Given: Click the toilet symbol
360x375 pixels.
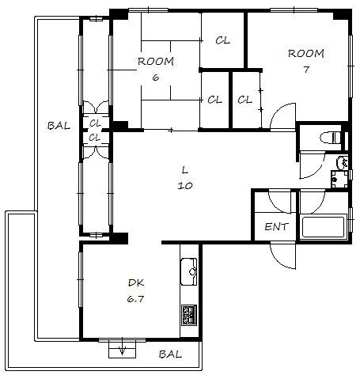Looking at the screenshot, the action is (x=330, y=138).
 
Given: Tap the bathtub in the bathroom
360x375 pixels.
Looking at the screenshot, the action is (x=324, y=227).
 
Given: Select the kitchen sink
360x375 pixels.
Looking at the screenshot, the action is (x=189, y=271).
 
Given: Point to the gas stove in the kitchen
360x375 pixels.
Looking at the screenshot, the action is (x=189, y=315).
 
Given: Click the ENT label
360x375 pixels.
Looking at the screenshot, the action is (x=276, y=227).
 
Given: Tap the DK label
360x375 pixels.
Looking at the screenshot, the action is (x=136, y=283).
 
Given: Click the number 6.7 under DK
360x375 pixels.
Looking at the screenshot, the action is (x=135, y=299).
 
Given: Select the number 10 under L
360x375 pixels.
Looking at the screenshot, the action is (x=185, y=186).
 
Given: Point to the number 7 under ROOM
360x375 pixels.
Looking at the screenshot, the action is (x=306, y=70).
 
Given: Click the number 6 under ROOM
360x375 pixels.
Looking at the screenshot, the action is (x=156, y=78).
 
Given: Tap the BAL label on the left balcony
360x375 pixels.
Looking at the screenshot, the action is (x=59, y=126).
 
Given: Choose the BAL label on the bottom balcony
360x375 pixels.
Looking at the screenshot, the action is (x=170, y=354).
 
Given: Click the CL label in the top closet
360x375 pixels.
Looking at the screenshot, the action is (x=223, y=40).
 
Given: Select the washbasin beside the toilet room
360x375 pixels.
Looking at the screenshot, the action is (x=342, y=162).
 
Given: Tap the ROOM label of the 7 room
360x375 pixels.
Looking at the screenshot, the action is (x=306, y=54).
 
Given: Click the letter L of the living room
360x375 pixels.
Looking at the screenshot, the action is (x=185, y=170).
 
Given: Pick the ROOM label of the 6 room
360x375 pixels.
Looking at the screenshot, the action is (x=156, y=62).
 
